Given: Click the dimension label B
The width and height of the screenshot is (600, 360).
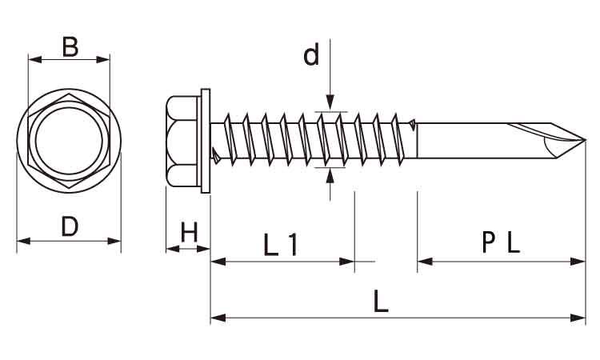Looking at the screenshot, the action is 70,46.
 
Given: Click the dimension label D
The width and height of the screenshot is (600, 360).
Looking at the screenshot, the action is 70,226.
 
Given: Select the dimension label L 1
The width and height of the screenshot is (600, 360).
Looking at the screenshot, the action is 281,245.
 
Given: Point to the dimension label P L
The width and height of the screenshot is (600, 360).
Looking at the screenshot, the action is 501,242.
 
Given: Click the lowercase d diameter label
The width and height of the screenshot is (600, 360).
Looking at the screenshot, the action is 311,54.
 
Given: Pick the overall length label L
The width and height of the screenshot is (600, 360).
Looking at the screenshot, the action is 381,301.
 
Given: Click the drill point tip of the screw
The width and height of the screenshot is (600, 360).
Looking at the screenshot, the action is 585,140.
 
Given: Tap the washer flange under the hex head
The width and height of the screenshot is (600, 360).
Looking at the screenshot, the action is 206,141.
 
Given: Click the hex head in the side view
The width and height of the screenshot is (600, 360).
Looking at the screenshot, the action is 183,141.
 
